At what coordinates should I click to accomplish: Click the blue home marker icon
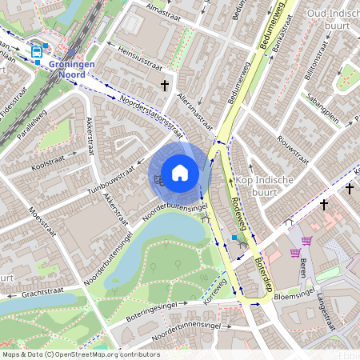pos(180,172)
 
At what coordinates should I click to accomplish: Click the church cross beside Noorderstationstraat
pos(165,84)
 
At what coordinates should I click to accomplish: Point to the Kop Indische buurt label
pos(266,186)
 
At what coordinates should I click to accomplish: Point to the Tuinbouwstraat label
pos(110,182)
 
